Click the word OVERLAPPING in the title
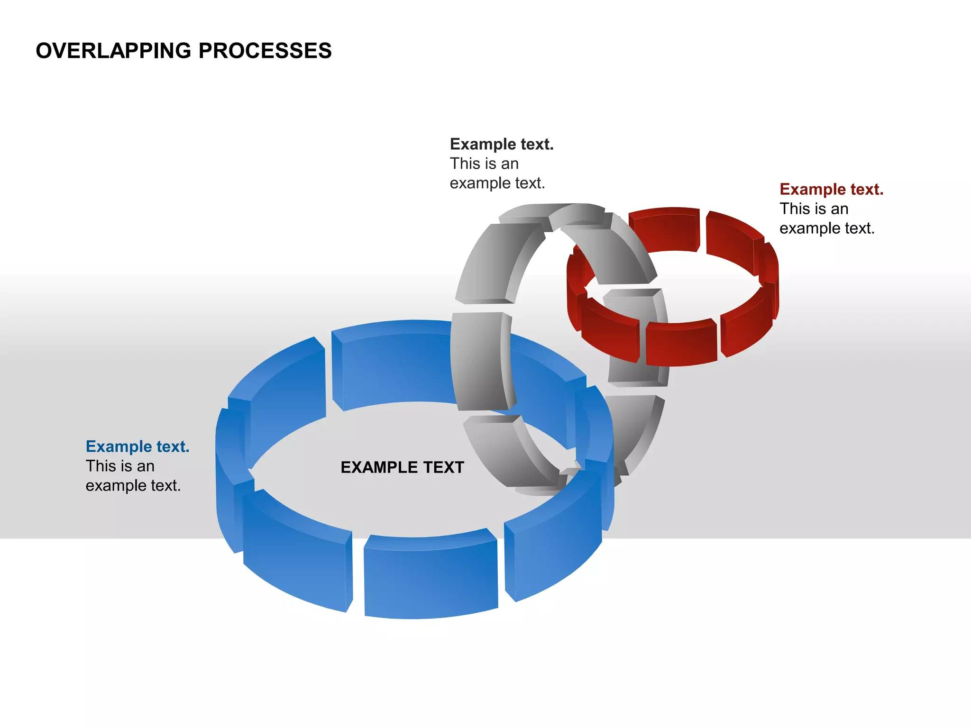pyautogui.click(x=113, y=51)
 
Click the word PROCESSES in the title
pyautogui.click(x=265, y=51)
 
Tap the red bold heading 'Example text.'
pyautogui.click(x=831, y=189)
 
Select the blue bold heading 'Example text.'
pyautogui.click(x=137, y=446)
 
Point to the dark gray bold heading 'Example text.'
pyautogui.click(x=502, y=144)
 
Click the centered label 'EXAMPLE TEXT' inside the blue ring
pyautogui.click(x=402, y=467)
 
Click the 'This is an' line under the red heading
pyautogui.click(x=814, y=209)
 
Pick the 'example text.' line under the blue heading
pyautogui.click(x=133, y=485)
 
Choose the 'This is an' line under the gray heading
pyautogui.click(x=484, y=164)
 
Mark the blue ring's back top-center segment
pyautogui.click(x=394, y=365)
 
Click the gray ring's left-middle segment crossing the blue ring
pyautogui.click(x=479, y=360)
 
